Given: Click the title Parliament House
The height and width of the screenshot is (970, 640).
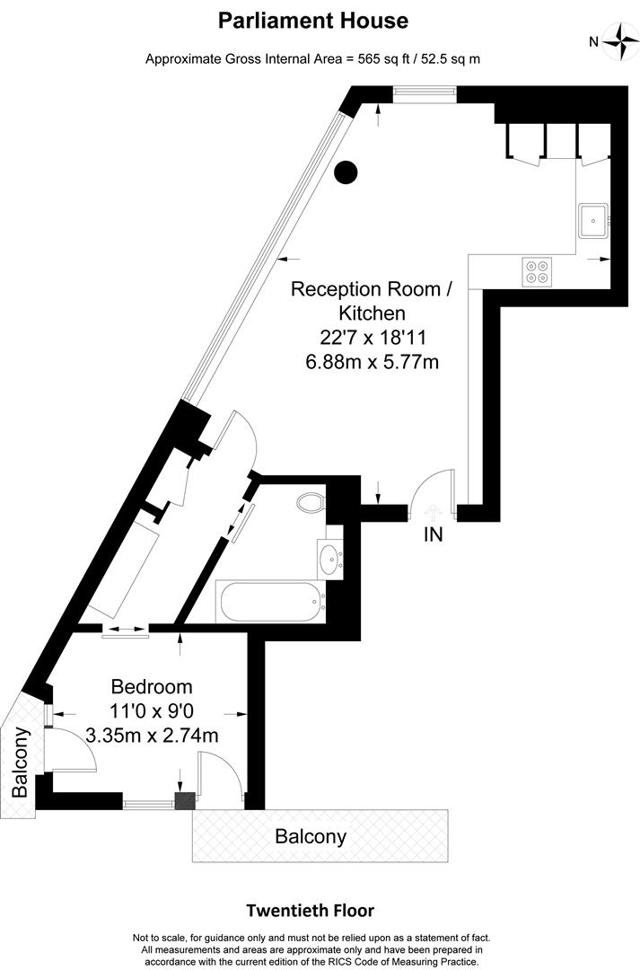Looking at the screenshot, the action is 313,21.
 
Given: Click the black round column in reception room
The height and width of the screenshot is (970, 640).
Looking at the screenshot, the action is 346,172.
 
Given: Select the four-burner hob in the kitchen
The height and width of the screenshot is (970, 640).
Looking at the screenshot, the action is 536,271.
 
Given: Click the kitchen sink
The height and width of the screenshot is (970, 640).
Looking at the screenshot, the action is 593,220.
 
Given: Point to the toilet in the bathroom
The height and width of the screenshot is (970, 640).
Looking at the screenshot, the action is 311,502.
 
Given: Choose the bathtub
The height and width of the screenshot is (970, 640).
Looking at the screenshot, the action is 270,602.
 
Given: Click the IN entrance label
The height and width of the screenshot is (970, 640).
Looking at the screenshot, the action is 433,534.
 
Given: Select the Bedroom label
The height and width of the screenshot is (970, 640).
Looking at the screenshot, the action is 152,687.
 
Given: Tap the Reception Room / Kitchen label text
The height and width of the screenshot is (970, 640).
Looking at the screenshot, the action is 373,301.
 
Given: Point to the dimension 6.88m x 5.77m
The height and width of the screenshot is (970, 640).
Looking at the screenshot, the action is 373,361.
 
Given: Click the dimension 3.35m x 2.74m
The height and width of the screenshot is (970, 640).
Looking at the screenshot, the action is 152,736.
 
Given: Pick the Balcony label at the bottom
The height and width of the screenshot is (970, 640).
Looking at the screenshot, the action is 311,837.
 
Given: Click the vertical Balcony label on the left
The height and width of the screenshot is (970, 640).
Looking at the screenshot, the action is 21,763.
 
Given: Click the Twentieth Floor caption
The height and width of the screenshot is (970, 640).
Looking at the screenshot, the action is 311,911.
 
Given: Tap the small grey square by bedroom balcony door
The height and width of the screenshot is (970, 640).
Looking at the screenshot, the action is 185,800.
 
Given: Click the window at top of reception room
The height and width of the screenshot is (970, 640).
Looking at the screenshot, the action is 425,92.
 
